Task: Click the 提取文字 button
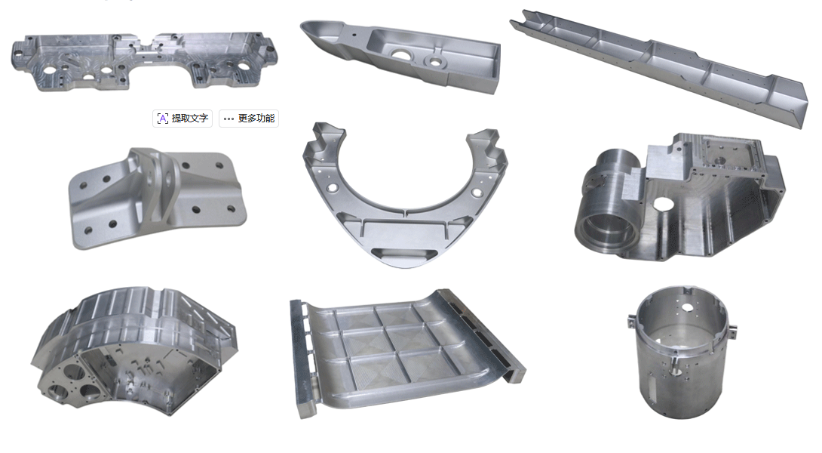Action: point(182,119)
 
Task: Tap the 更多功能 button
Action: point(249,119)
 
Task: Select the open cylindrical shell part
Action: point(682,353)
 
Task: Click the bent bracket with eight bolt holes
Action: point(158,198)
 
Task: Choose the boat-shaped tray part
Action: point(401,56)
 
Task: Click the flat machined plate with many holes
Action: point(143,61)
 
